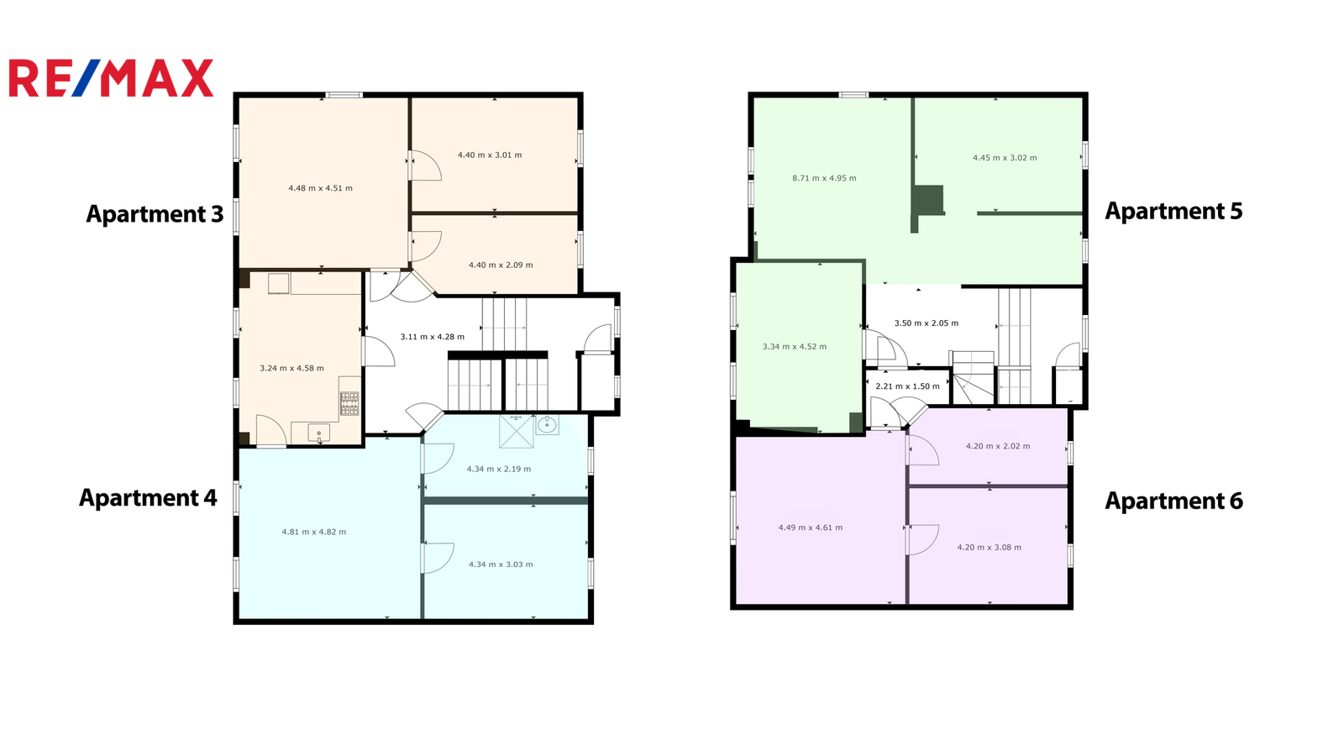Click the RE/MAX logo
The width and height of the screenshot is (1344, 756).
coord(111,78)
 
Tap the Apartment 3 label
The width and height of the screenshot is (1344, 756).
coord(155,214)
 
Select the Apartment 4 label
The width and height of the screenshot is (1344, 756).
coord(148,498)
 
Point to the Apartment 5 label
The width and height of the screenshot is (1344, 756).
coord(1173,211)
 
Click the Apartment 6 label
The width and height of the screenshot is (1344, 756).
coord(1174,501)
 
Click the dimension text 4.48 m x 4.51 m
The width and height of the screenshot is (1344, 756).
coord(320,188)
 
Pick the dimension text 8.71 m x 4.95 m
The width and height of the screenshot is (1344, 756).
coord(824,178)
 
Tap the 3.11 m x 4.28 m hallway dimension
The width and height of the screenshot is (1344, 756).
coord(433,337)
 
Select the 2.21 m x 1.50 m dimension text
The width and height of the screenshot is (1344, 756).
coord(908,386)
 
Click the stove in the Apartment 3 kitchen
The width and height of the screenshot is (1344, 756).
coord(349,404)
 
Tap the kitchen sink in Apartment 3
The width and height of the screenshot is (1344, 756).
coord(318,433)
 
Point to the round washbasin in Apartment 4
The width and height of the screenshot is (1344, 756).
coord(547,425)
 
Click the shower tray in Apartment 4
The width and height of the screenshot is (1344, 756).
coord(517,432)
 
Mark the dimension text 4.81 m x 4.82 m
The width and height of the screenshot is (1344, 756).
coord(314,533)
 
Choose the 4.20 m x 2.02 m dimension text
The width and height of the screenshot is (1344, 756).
coord(998,446)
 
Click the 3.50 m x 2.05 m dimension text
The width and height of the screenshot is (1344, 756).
coord(927,323)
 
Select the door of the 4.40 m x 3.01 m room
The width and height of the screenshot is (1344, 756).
coord(425,165)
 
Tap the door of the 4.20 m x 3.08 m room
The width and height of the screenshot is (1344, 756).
coord(923,540)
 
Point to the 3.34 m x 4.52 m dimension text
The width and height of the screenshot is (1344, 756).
coord(795,347)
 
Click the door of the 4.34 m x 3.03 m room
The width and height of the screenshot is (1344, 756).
coord(438,558)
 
